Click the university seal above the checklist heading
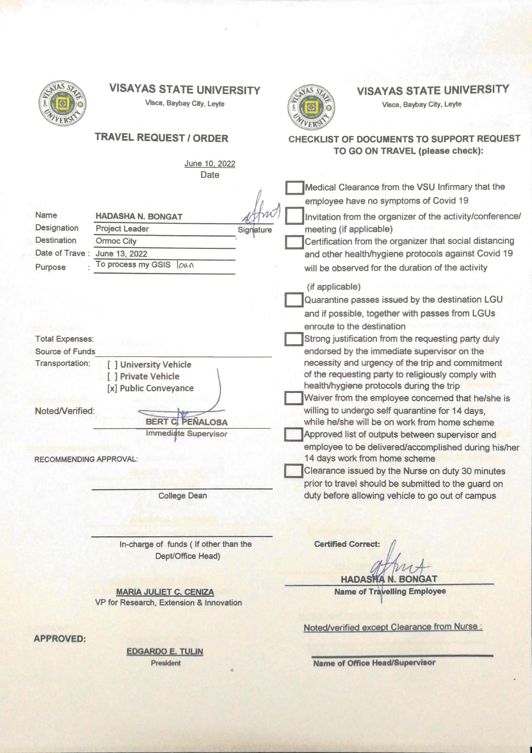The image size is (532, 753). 311,107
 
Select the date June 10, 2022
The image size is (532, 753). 210,164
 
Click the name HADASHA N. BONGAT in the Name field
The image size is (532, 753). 139,217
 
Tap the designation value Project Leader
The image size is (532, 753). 122,229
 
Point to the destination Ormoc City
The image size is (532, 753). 116,241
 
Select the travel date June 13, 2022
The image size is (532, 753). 121,254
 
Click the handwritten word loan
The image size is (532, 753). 186,265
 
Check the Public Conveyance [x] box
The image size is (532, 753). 112,388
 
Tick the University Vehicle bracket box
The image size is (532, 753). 112,365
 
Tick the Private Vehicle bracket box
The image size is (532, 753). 112,377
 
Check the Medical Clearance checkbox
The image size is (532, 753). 294,188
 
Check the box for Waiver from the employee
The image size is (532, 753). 293,398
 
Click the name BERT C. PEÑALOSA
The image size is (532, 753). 186,422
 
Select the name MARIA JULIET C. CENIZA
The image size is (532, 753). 165,592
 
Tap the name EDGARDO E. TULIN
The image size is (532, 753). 165,651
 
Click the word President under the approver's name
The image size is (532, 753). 166,663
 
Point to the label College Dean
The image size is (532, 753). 183,495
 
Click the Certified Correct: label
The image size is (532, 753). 347,544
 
